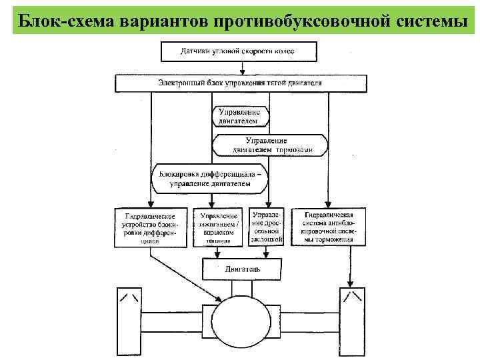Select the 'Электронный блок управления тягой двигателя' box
[241, 83]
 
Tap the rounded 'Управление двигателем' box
[240, 117]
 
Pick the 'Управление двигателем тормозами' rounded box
[270, 145]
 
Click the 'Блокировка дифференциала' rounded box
[211, 177]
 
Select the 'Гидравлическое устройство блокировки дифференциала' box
[150, 227]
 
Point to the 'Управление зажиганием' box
[217, 227]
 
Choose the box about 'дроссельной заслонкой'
[267, 227]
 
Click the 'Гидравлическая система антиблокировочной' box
[328, 227]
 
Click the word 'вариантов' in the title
[163, 19]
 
